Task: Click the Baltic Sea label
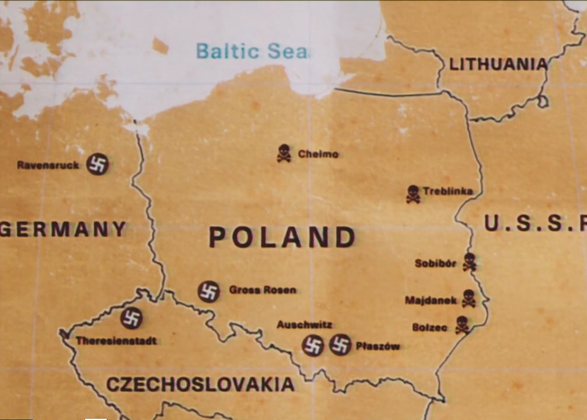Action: (x=251, y=51)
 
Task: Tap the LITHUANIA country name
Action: (x=498, y=64)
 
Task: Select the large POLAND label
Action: (x=282, y=237)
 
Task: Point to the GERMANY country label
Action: (x=63, y=228)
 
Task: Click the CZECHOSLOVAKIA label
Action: (x=200, y=384)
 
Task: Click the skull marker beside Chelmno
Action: (x=284, y=153)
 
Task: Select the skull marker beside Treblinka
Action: (x=413, y=194)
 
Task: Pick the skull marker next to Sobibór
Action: (x=469, y=262)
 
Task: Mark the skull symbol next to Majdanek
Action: (x=468, y=298)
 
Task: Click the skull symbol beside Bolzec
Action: (x=462, y=325)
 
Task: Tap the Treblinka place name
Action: (x=448, y=191)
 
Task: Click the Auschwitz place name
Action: (x=305, y=324)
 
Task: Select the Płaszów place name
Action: (x=378, y=346)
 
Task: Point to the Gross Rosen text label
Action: (x=263, y=290)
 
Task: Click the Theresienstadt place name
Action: (x=116, y=341)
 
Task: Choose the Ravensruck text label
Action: (x=48, y=165)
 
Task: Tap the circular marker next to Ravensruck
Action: (x=97, y=165)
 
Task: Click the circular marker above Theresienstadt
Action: (x=131, y=318)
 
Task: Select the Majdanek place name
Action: (x=431, y=300)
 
